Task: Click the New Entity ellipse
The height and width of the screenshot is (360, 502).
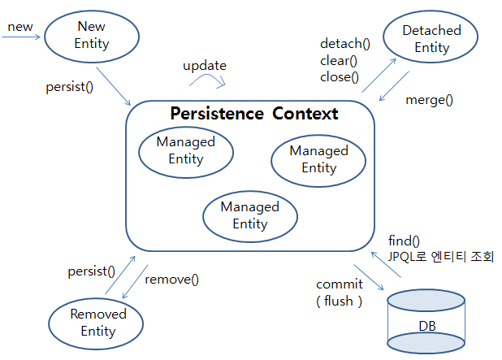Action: point(91,36)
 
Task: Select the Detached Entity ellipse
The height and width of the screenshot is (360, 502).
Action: point(431,39)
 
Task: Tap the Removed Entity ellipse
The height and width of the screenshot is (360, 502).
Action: point(97,322)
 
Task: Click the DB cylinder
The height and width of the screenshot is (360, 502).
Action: point(426,323)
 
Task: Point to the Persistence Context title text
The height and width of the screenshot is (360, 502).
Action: point(253,114)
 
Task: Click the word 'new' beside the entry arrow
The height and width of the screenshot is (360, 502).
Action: point(20,27)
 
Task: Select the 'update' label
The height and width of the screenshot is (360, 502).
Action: point(204,65)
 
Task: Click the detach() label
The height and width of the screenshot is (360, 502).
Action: point(344,44)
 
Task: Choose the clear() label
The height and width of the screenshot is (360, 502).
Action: point(340,60)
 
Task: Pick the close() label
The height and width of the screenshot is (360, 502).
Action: point(340,77)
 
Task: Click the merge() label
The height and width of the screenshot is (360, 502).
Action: point(429,100)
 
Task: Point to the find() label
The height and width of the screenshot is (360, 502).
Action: point(405,241)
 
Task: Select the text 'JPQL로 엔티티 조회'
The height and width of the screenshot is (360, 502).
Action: point(441,257)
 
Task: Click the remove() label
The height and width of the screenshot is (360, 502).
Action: point(171,280)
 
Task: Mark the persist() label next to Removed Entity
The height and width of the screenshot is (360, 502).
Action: point(91,271)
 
